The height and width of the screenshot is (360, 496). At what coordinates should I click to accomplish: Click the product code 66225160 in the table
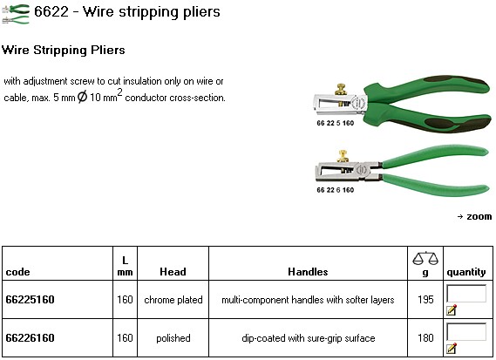pos(30,299)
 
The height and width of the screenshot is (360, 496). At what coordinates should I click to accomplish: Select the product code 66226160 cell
pos(30,337)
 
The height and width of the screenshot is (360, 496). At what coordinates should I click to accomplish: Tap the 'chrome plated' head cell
pos(173,300)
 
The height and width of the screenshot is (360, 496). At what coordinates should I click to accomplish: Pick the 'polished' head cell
pos(173,338)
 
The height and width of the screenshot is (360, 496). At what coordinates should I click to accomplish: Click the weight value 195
pos(425,299)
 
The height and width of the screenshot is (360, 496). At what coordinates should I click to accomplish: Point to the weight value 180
pos(425,337)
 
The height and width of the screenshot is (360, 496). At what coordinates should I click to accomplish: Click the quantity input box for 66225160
pos(466,294)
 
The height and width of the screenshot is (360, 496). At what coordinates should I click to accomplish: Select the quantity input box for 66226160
pos(466,332)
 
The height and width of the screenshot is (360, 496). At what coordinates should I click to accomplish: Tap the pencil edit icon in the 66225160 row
pos(452,309)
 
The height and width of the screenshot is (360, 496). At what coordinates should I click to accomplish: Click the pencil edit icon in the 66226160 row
pos(452,348)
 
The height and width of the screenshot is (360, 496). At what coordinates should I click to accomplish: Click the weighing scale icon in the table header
pos(425,258)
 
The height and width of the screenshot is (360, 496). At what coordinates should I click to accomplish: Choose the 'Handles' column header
pos(308,272)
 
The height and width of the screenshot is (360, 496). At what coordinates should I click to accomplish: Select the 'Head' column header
pos(173,272)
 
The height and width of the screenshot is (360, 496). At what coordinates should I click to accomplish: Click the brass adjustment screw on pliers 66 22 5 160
pos(341,90)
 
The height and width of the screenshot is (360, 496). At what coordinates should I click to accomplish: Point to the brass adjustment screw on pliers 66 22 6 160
pos(343,156)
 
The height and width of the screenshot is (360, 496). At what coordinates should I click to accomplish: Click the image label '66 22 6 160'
pos(336,190)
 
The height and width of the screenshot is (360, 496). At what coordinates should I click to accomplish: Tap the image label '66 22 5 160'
pos(336,123)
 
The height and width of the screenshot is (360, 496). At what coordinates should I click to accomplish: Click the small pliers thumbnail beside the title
pos(16,14)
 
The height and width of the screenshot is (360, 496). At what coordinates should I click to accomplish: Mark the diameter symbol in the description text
pos(82,97)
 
